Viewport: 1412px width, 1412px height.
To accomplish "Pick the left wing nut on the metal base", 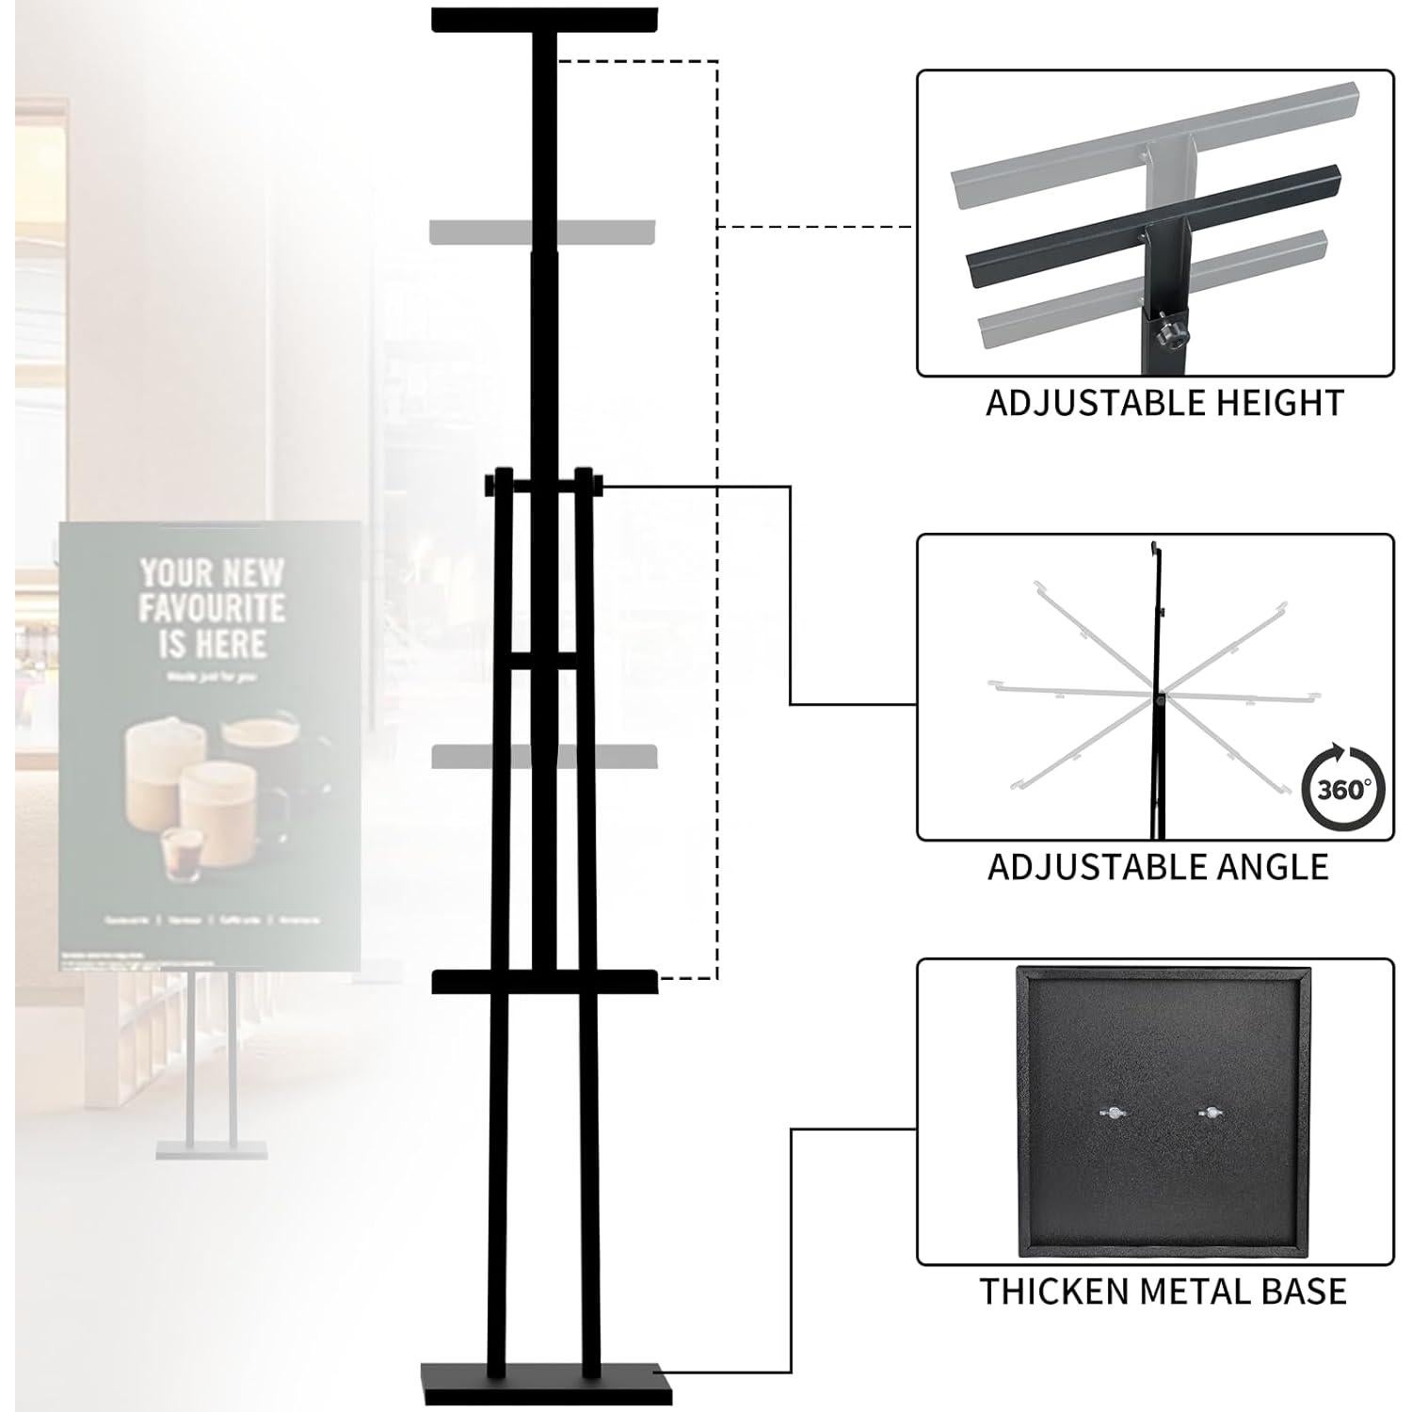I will tap(1112, 1113).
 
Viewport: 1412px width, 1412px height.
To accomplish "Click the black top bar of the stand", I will tap(544, 20).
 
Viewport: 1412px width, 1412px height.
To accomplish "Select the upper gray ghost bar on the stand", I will tap(543, 231).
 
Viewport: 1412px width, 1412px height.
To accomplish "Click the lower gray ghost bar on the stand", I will tap(543, 756).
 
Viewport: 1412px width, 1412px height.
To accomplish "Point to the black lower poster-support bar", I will tap(544, 982).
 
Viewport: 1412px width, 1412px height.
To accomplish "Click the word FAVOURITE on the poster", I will tap(212, 608).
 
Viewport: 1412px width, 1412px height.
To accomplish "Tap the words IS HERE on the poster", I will tap(212, 644).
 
